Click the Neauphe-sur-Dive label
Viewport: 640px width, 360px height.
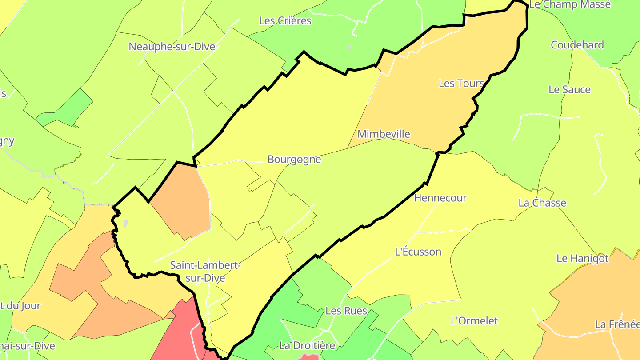point(172,47)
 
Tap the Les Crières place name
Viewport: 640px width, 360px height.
point(285,20)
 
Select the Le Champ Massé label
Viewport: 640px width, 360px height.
point(570,5)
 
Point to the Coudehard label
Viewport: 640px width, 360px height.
point(577,45)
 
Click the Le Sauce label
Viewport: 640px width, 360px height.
point(569,89)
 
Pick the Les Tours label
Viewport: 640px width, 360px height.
point(461,83)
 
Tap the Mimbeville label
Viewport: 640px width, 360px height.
point(384,134)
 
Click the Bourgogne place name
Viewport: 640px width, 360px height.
point(294,159)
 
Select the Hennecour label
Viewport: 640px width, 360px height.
point(440,198)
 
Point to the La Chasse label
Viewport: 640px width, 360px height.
point(542,203)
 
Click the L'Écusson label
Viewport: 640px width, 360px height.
point(418,252)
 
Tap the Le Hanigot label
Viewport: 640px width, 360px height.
point(582,258)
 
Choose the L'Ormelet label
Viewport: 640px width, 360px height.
point(474,320)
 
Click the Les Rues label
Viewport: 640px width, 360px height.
point(346,311)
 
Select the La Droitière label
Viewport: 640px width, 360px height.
point(307,345)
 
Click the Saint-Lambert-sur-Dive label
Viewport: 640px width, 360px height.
point(205,272)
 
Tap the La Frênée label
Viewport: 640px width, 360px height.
point(617,324)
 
